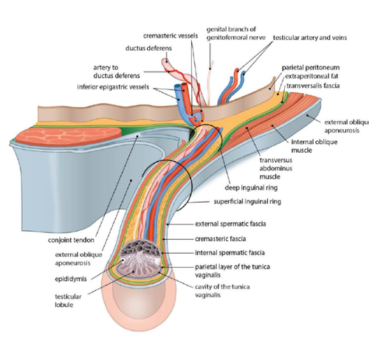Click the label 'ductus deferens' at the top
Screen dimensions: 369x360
pyautogui.click(x=148, y=48)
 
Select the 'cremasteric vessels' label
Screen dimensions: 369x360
pyautogui.click(x=170, y=36)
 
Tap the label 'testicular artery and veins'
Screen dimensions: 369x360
pyautogui.click(x=310, y=38)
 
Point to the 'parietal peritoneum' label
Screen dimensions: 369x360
pyautogui.click(x=311, y=68)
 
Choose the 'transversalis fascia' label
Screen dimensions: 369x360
pyautogui.click(x=313, y=86)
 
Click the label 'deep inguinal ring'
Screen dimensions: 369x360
pyautogui.click(x=251, y=188)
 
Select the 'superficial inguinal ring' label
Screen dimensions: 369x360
pyautogui.click(x=247, y=201)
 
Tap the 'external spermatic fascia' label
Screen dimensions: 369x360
pyautogui.click(x=230, y=224)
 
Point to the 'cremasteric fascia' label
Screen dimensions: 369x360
pyautogui.click(x=220, y=239)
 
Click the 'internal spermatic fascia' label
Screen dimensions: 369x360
pyautogui.click(x=230, y=253)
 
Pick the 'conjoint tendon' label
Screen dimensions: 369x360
pyautogui.click(x=71, y=240)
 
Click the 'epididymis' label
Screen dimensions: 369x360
pyautogui.click(x=71, y=280)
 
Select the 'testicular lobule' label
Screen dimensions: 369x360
pyautogui.click(x=68, y=300)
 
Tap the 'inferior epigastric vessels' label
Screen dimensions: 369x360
pyautogui.click(x=113, y=87)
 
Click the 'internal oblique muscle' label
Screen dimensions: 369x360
pyautogui.click(x=314, y=146)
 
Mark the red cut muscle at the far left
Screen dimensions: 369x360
pyautogui.click(x=69, y=136)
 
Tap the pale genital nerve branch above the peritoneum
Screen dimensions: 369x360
pyautogui.click(x=210, y=83)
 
